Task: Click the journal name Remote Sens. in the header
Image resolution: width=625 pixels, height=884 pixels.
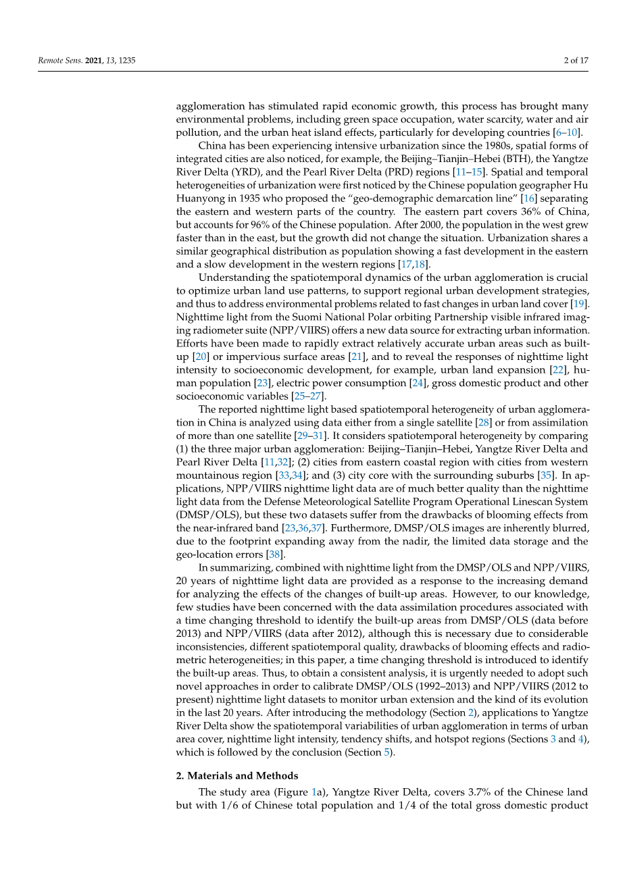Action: (x=59, y=61)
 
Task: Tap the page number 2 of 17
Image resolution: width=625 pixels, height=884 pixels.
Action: (x=576, y=61)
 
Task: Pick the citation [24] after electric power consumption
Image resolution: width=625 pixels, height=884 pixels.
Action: (x=418, y=383)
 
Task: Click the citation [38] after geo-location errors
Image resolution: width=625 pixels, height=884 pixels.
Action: (x=276, y=554)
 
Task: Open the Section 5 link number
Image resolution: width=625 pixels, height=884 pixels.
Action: (x=387, y=752)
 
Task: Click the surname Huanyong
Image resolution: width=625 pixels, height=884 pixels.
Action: (x=201, y=199)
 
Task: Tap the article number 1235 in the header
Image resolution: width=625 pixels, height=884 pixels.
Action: (x=127, y=61)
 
